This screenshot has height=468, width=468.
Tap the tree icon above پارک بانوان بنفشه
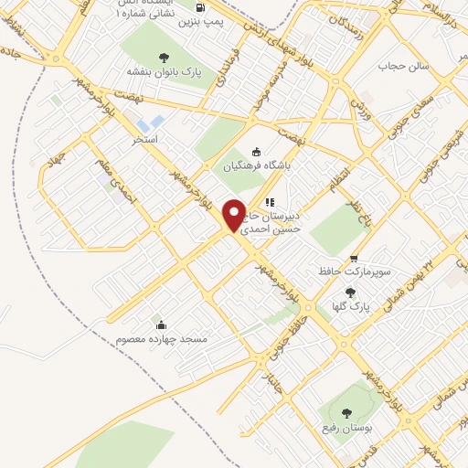(x=165, y=55)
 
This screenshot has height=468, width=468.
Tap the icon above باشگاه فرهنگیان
(x=257, y=153)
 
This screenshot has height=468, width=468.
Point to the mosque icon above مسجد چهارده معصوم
(x=162, y=324)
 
